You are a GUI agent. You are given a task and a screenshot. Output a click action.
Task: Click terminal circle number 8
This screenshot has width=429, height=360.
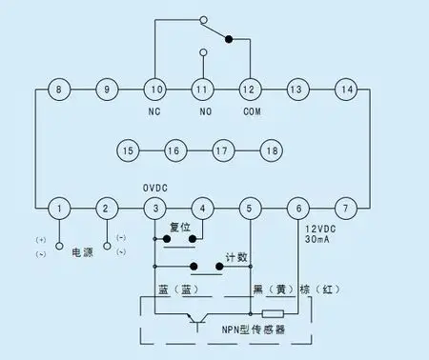59,90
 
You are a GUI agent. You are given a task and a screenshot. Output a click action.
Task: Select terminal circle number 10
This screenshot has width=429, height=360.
154,90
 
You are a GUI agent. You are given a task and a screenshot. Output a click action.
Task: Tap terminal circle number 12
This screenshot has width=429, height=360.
250,90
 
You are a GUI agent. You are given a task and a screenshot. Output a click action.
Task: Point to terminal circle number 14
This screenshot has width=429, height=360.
346,90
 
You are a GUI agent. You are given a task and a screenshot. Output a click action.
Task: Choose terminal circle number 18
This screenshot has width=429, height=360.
272,150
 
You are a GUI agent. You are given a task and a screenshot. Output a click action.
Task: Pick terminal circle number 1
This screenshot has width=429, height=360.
59,208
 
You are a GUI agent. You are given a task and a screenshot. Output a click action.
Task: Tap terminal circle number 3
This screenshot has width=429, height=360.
154,208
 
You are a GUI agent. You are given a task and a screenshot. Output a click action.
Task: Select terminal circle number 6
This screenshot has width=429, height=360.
297,208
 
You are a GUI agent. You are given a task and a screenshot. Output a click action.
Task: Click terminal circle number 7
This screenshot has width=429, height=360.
346,208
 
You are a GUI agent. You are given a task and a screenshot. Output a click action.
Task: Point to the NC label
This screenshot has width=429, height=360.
154,112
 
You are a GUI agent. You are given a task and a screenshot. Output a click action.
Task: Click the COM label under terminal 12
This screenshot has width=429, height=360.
250,112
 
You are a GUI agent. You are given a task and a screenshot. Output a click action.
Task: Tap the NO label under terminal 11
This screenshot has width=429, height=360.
202,112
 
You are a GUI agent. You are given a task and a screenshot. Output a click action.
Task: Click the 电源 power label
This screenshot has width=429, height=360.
83,252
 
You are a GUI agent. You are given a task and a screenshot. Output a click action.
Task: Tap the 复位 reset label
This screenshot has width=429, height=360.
180,228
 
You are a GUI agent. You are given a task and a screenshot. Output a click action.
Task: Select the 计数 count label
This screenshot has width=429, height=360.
235,257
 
